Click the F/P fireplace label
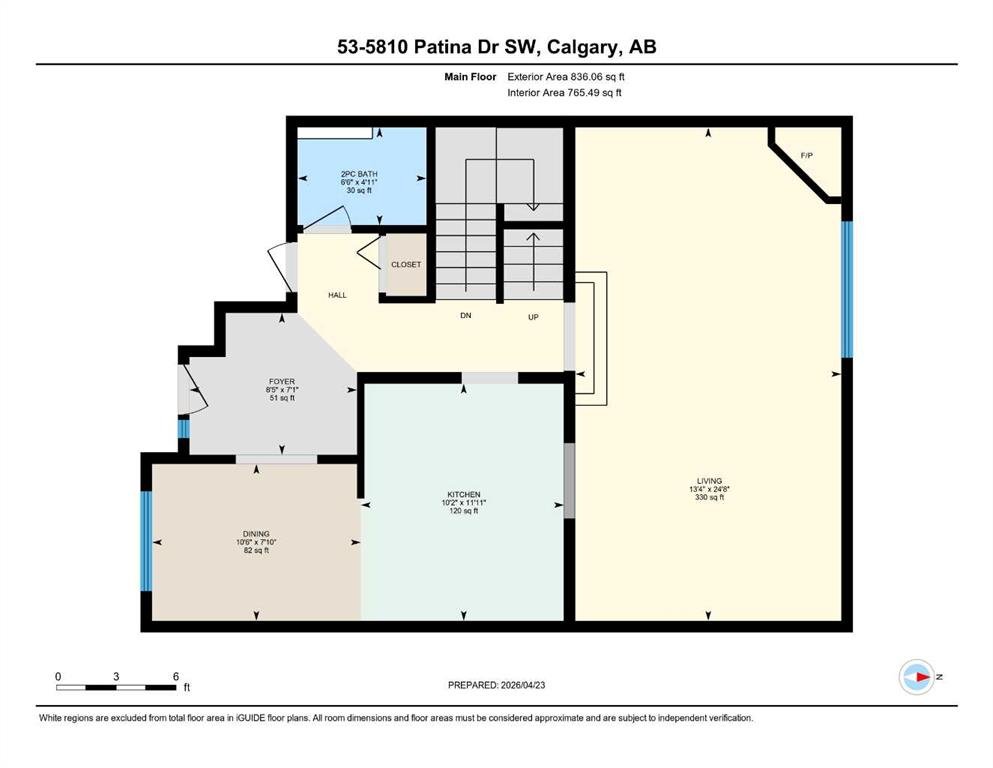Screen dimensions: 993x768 (x=806, y=155)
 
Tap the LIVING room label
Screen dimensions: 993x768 (x=709, y=481)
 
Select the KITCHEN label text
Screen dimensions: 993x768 (x=464, y=494)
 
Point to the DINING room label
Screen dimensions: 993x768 (x=256, y=534)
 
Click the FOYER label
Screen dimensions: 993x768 (x=282, y=382)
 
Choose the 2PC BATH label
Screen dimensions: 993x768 (x=359, y=174)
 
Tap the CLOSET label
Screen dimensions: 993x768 (x=406, y=265)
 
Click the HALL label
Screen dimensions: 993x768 (x=337, y=295)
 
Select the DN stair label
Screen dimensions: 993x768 (x=465, y=315)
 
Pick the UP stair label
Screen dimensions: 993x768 (x=533, y=317)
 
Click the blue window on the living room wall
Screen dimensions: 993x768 (x=847, y=289)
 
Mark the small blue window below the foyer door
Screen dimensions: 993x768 (x=183, y=429)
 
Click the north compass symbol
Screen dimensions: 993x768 (x=917, y=677)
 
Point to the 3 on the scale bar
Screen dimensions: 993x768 (x=116, y=676)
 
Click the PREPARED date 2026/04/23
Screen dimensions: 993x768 (x=522, y=684)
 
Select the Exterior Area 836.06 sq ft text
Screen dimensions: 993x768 (x=566, y=77)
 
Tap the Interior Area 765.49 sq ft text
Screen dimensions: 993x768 (x=564, y=92)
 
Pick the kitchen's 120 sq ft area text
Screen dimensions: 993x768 (x=464, y=511)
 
